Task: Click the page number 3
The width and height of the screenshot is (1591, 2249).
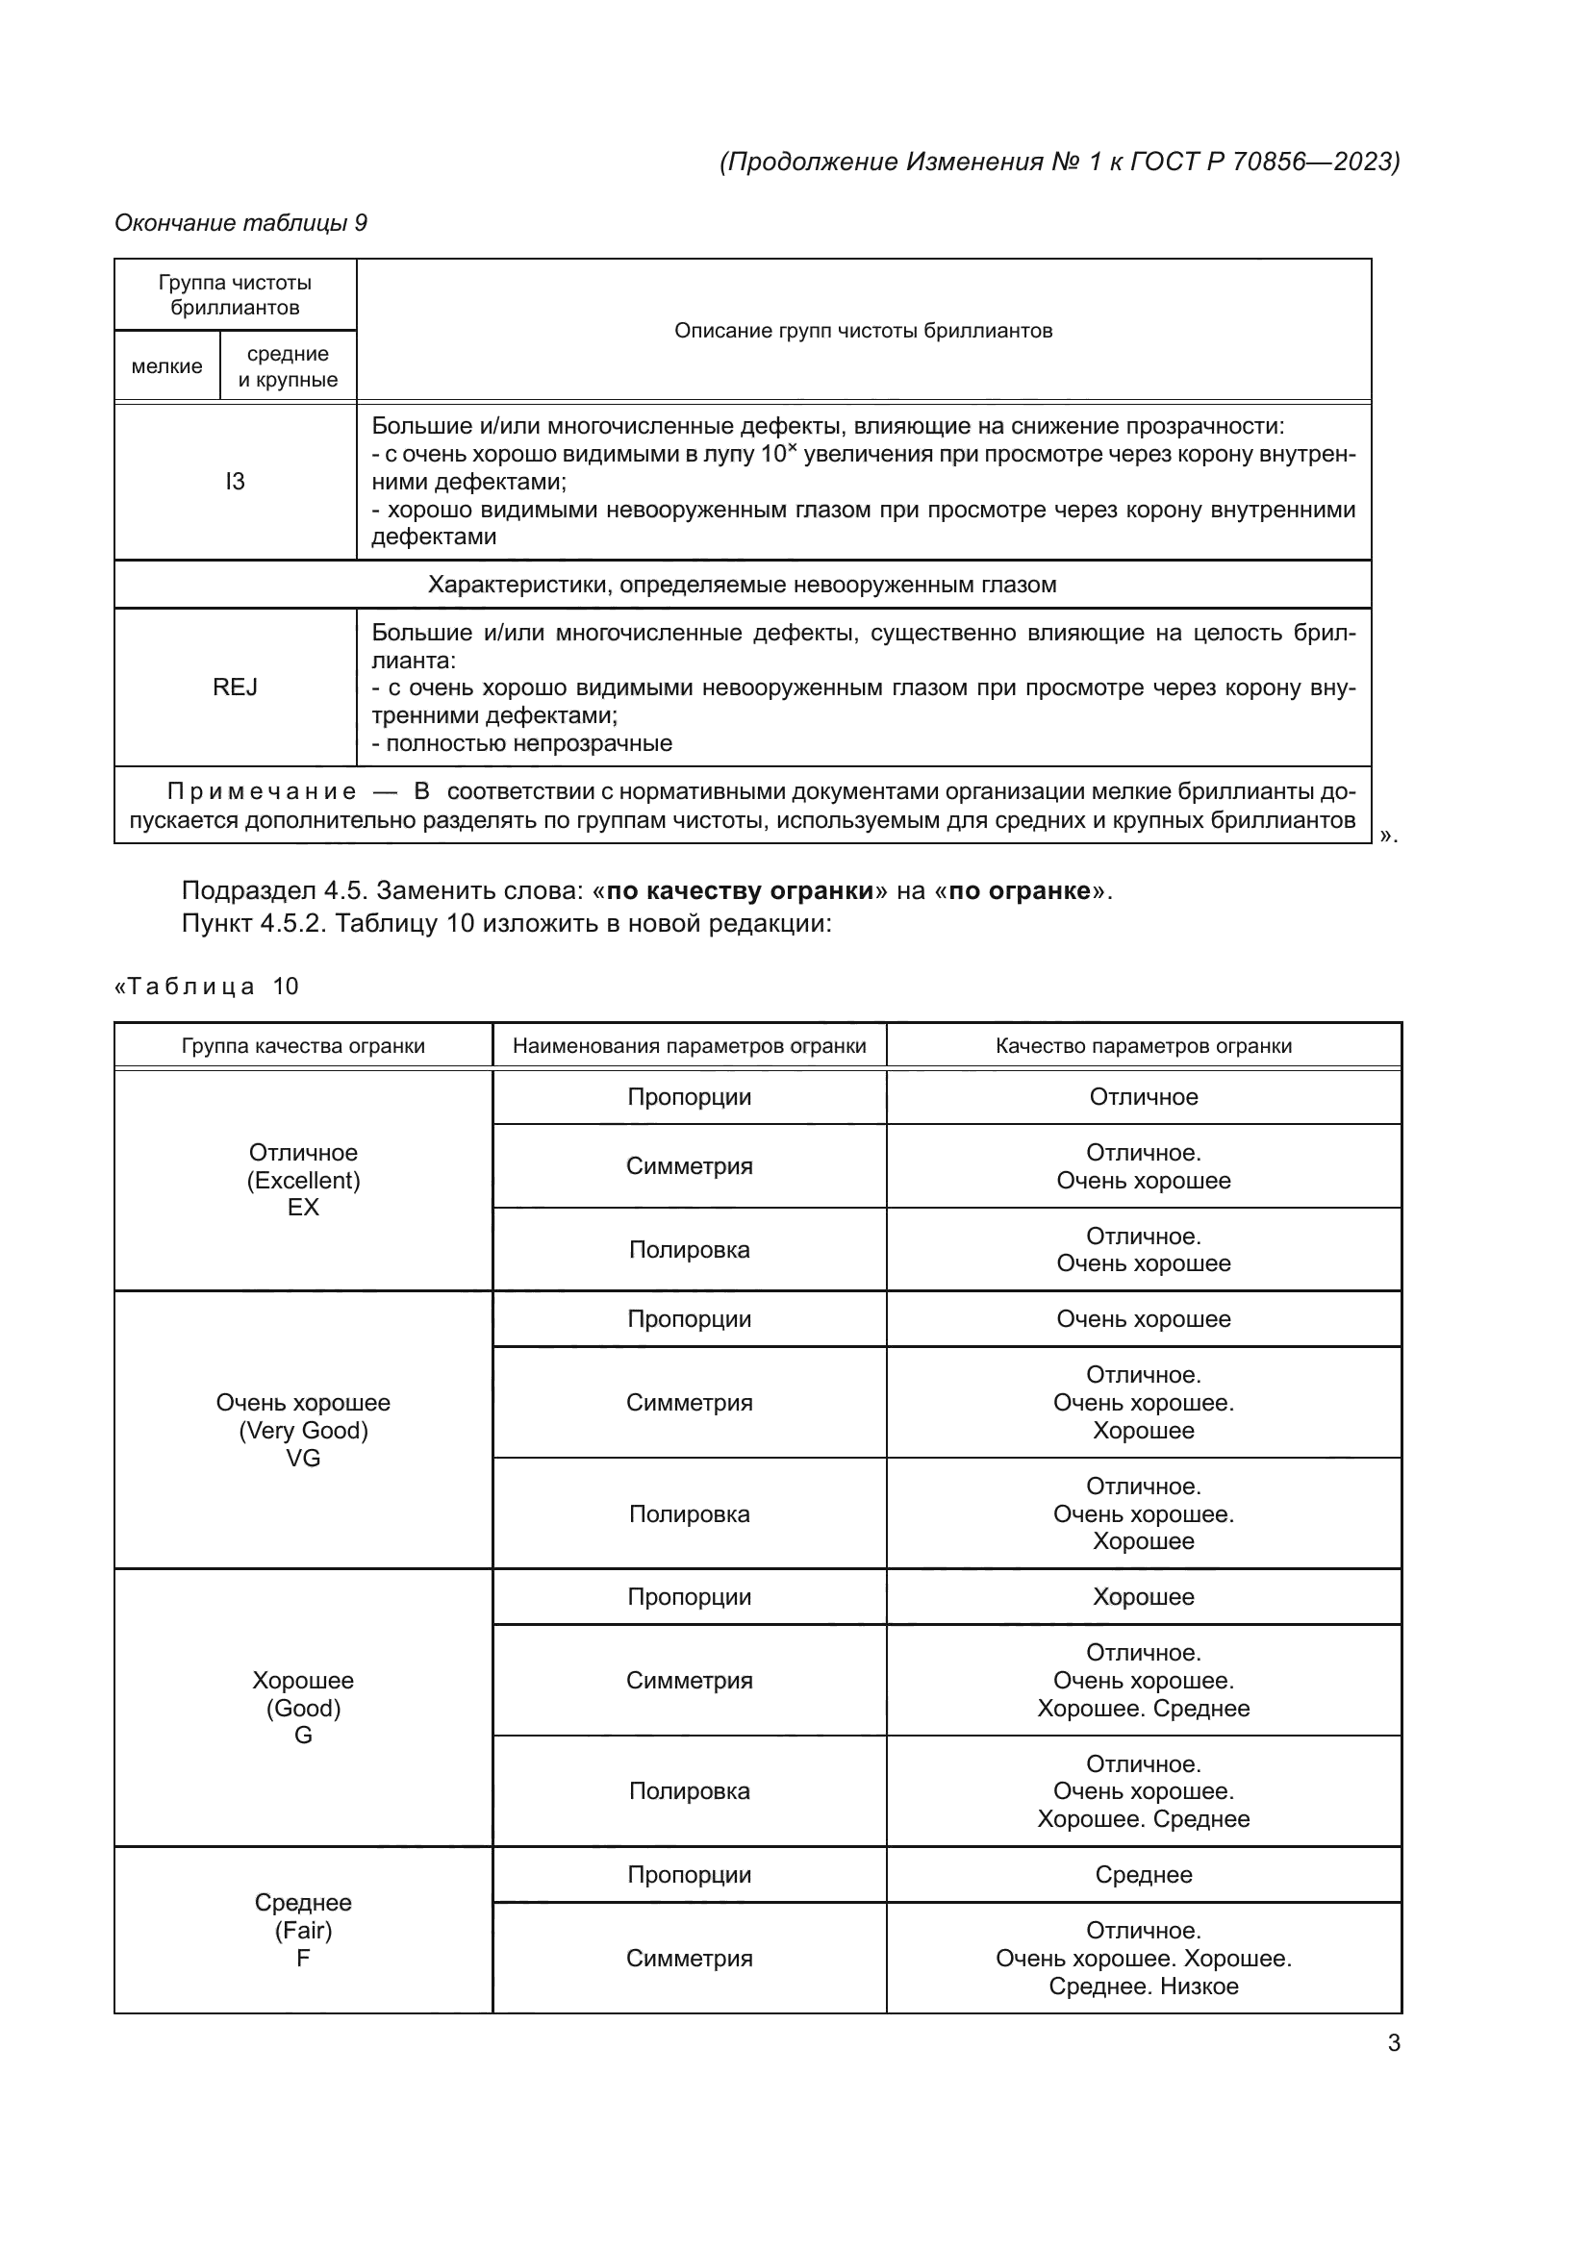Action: pyautogui.click(x=1393, y=2042)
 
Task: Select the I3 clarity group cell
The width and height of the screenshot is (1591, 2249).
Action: pyautogui.click(x=235, y=481)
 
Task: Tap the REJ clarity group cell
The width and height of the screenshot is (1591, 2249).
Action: pyautogui.click(x=235, y=687)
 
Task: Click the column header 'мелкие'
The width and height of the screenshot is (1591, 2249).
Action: pyautogui.click(x=166, y=366)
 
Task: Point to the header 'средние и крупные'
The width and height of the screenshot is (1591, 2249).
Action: pyautogui.click(x=288, y=366)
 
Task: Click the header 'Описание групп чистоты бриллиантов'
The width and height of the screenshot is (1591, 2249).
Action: pyautogui.click(x=863, y=331)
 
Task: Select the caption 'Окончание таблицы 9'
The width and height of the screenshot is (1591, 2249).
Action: pyautogui.click(x=241, y=223)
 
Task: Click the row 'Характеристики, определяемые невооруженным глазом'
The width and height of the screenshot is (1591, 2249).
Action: pyautogui.click(x=742, y=585)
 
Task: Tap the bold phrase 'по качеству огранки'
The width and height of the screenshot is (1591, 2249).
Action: pyautogui.click(x=740, y=890)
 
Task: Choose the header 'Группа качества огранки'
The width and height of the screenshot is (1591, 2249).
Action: pyautogui.click(x=303, y=1045)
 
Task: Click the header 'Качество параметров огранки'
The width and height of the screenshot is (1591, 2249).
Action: pyautogui.click(x=1144, y=1045)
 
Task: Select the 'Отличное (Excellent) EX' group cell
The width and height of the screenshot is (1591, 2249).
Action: pyautogui.click(x=303, y=1180)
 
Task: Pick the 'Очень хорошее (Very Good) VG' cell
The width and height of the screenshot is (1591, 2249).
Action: pyautogui.click(x=303, y=1430)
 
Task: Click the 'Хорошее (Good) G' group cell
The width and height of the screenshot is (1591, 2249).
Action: pyautogui.click(x=303, y=1708)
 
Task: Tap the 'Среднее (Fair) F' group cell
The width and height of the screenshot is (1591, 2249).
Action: pyautogui.click(x=303, y=1930)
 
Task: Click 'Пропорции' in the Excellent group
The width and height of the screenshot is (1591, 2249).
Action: pyautogui.click(x=689, y=1097)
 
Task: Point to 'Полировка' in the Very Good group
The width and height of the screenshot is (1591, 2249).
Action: pyautogui.click(x=689, y=1514)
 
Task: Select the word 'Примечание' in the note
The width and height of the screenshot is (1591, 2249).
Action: pyautogui.click(x=262, y=791)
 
